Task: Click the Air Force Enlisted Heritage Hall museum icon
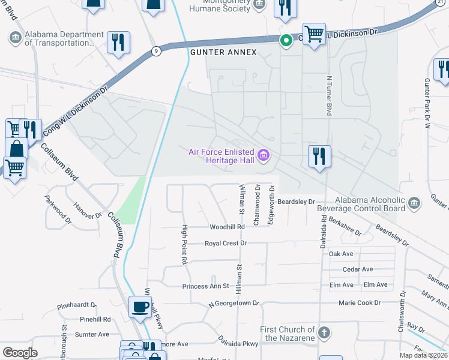(x=263, y=157)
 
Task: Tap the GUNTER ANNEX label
(x=223, y=53)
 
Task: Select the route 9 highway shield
(x=155, y=51)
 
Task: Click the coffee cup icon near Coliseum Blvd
(x=140, y=307)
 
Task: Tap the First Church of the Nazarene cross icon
(x=324, y=332)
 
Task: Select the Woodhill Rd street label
(x=227, y=227)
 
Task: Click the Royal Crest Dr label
(x=226, y=244)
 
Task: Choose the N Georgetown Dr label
(x=234, y=304)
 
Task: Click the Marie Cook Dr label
(x=360, y=303)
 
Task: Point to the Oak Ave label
(x=341, y=254)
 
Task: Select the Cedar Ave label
(x=358, y=269)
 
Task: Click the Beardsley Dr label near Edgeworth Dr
(x=296, y=202)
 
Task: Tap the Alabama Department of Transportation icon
(x=15, y=38)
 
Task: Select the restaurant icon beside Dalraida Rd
(x=319, y=157)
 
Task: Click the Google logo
(x=20, y=353)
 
